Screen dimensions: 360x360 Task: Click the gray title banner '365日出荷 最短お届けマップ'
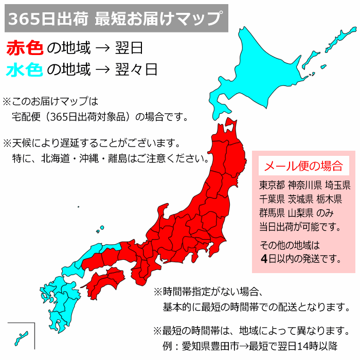(115, 20)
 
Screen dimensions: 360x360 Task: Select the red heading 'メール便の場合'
(303, 166)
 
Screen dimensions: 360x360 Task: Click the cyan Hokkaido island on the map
(257, 67)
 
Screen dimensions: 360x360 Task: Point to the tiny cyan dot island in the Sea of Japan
(78, 207)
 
